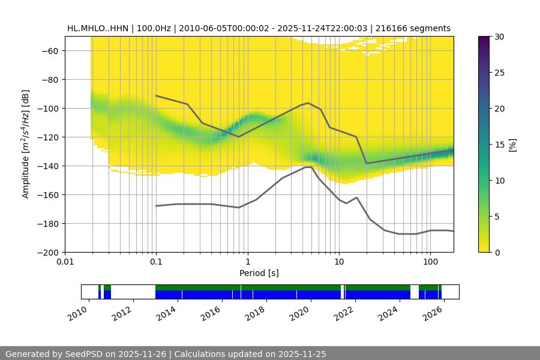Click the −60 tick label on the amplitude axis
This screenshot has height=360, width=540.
tap(50, 51)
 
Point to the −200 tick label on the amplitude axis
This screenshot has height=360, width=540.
tap(47, 253)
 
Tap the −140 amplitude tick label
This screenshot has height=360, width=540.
tap(47, 166)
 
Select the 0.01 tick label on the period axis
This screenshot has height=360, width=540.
tap(65, 262)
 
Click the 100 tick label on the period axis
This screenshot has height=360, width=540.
tap(430, 262)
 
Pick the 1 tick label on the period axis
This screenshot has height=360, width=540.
tap(247, 262)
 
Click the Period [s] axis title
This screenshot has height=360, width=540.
tap(259, 273)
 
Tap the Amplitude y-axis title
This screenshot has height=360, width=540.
tap(25, 144)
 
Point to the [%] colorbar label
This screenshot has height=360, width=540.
tap(512, 145)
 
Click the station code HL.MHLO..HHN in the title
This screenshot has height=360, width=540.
tap(100, 28)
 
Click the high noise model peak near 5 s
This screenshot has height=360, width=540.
tap(308, 103)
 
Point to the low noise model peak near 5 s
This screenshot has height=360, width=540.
tap(308, 167)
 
